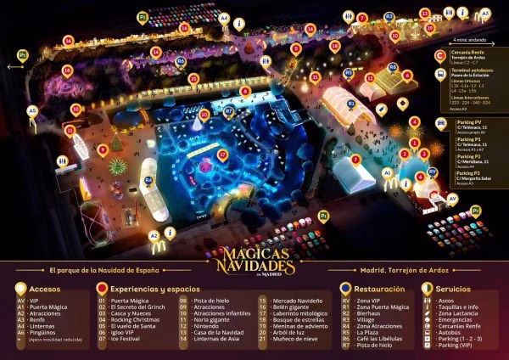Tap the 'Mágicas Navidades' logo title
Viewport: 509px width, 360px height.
[255, 259]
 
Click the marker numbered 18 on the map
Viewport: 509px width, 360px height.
[193, 79]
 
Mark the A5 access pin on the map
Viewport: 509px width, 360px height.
[32, 110]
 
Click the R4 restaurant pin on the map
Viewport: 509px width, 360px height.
[148, 180]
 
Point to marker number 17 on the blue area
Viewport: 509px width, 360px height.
[222, 155]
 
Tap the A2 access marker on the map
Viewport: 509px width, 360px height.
[154, 235]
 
